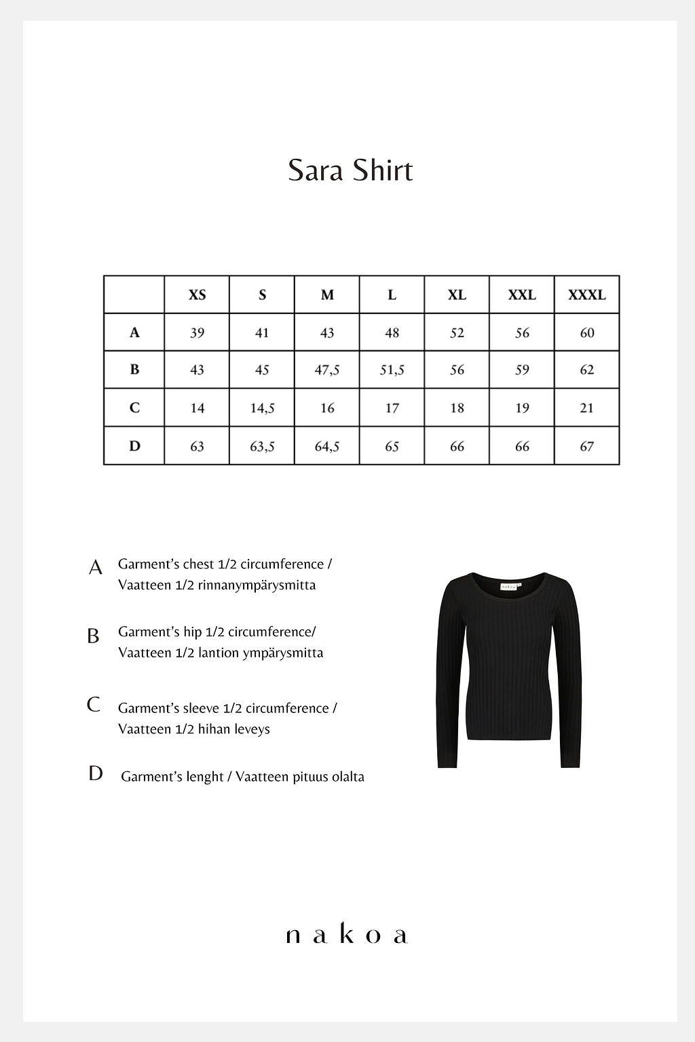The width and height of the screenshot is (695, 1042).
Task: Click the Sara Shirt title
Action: point(350,170)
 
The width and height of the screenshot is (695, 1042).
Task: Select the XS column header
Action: point(197,295)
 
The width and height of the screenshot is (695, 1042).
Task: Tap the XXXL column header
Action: point(586,295)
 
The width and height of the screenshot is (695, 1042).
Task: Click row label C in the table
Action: point(134,408)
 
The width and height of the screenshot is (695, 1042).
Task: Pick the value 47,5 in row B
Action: point(327,370)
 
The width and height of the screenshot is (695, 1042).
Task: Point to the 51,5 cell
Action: point(392,370)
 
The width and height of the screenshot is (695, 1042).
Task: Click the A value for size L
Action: point(392,332)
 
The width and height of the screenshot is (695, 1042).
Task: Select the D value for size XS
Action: point(197,446)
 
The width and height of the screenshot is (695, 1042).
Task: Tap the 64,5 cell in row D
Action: point(327,446)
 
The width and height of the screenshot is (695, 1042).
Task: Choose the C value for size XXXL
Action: point(586,408)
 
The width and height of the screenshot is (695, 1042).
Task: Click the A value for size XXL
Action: point(522,332)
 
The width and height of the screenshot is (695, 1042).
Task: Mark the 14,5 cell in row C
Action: point(262,408)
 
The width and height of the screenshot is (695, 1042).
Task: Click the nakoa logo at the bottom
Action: point(347,935)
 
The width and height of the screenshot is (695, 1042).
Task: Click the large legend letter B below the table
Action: point(93,636)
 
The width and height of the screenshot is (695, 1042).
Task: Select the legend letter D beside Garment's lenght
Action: point(95,773)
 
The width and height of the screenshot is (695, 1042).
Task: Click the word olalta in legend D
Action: point(347,777)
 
